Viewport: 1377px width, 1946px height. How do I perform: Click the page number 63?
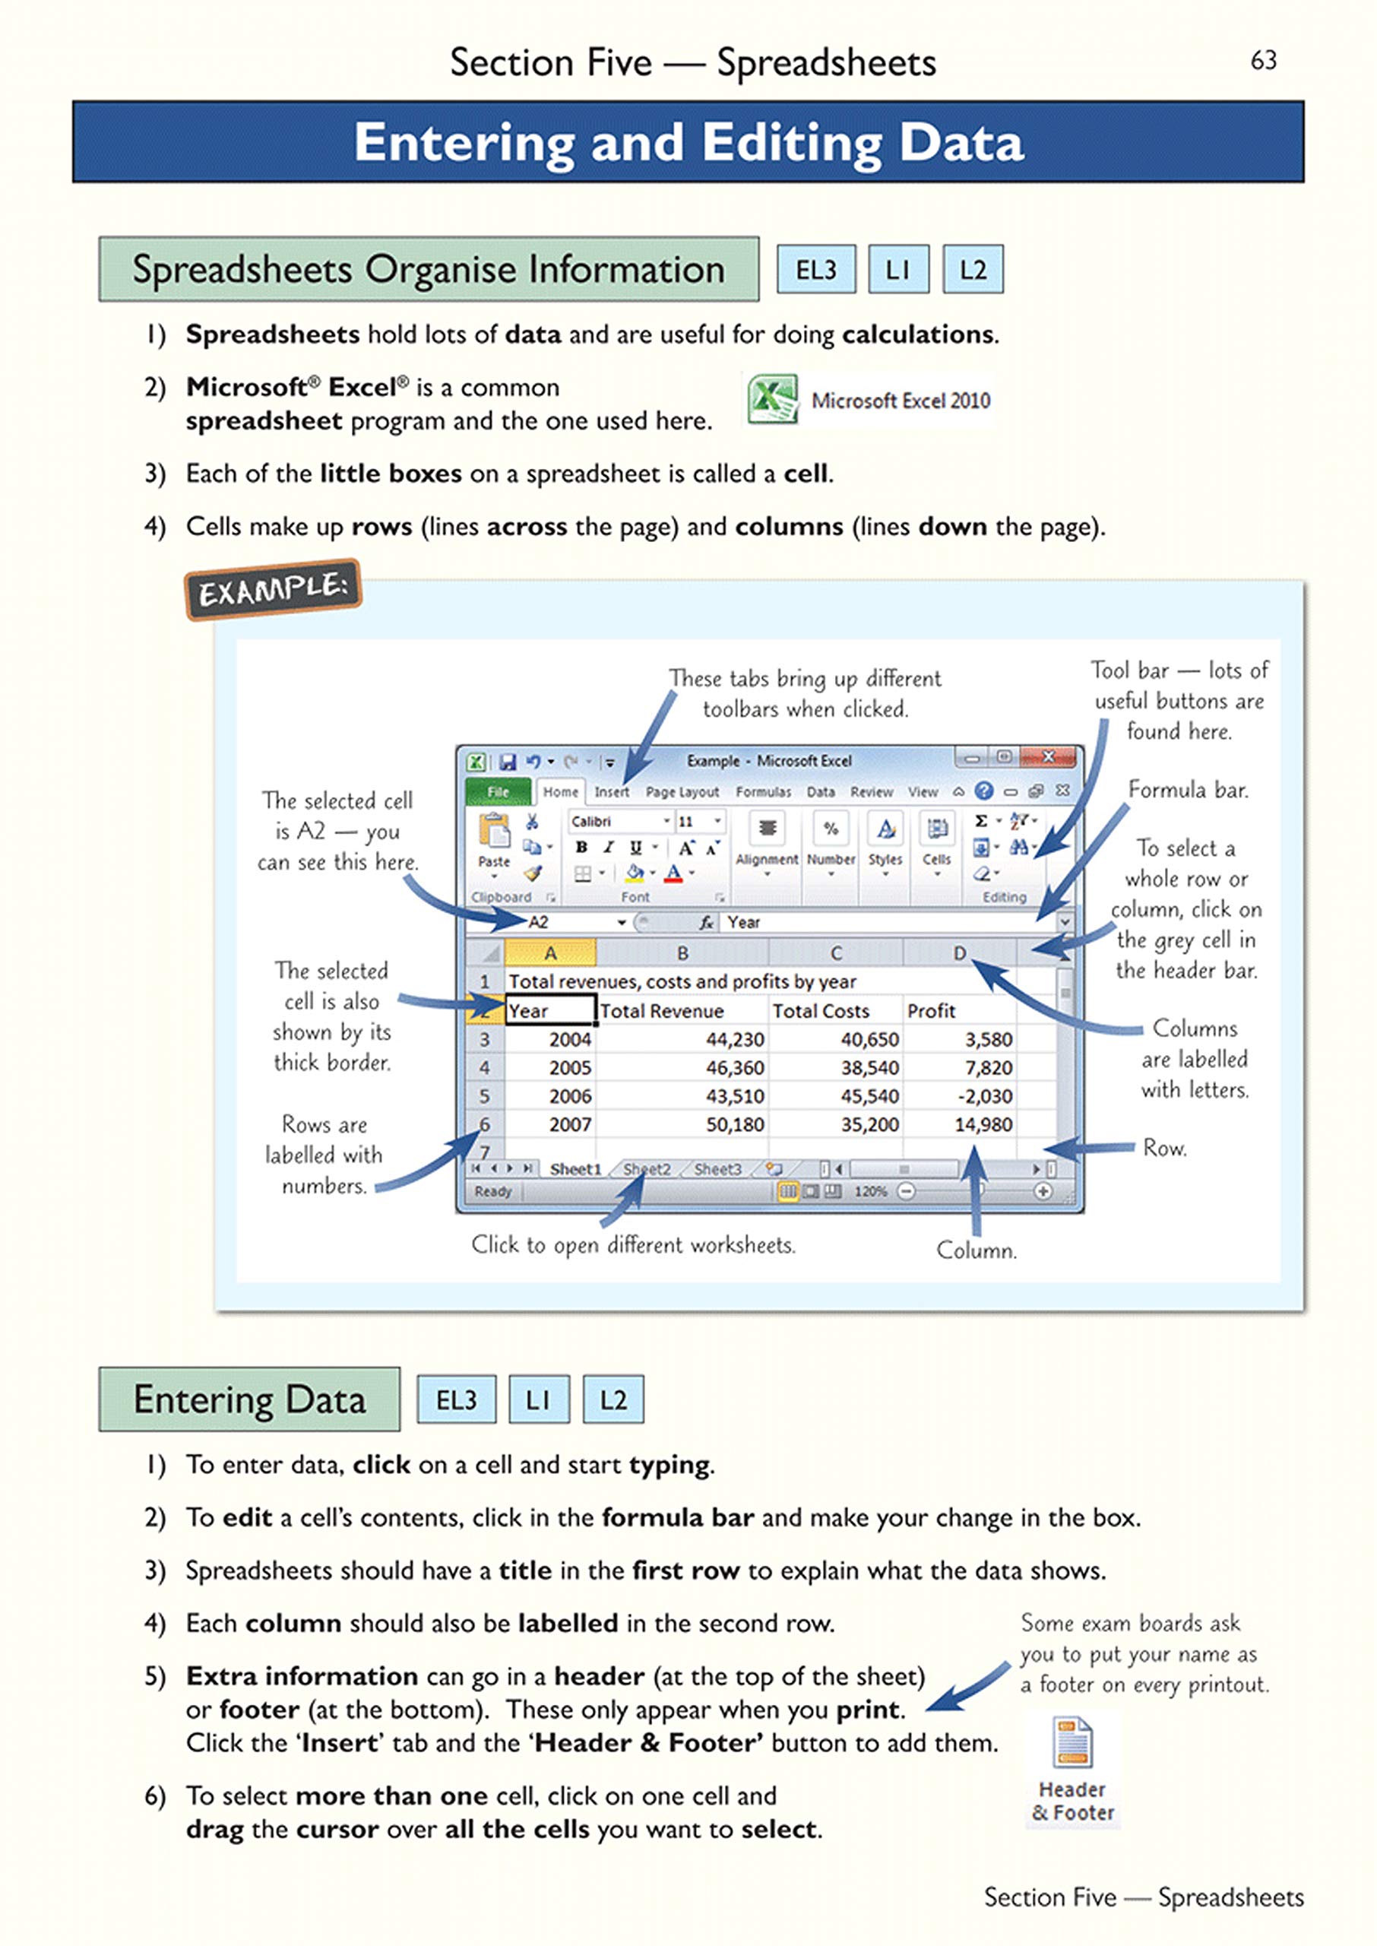click(x=1262, y=60)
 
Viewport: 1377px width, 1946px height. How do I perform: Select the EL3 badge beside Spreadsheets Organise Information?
click(x=815, y=270)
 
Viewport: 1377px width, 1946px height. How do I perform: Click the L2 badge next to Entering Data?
click(x=613, y=1399)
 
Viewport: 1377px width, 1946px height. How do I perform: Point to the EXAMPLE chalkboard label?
click(x=273, y=589)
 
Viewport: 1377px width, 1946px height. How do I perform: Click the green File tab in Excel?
click(x=498, y=791)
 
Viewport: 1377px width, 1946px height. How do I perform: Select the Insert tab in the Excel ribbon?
click(x=611, y=792)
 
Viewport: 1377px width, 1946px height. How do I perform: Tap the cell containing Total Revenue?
click(x=661, y=1011)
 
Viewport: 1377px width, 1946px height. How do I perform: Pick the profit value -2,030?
click(x=984, y=1096)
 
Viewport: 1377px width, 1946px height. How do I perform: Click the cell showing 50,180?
click(x=734, y=1124)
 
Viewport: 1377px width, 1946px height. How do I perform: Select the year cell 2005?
click(x=570, y=1067)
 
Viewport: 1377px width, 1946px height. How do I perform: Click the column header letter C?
click(x=836, y=953)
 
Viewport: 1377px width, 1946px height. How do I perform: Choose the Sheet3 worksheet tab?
click(x=717, y=1169)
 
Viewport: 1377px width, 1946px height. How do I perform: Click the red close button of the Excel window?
click(x=1049, y=756)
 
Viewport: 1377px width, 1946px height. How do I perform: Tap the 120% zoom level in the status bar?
click(x=870, y=1191)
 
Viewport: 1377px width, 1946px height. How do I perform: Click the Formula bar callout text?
click(x=1187, y=791)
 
